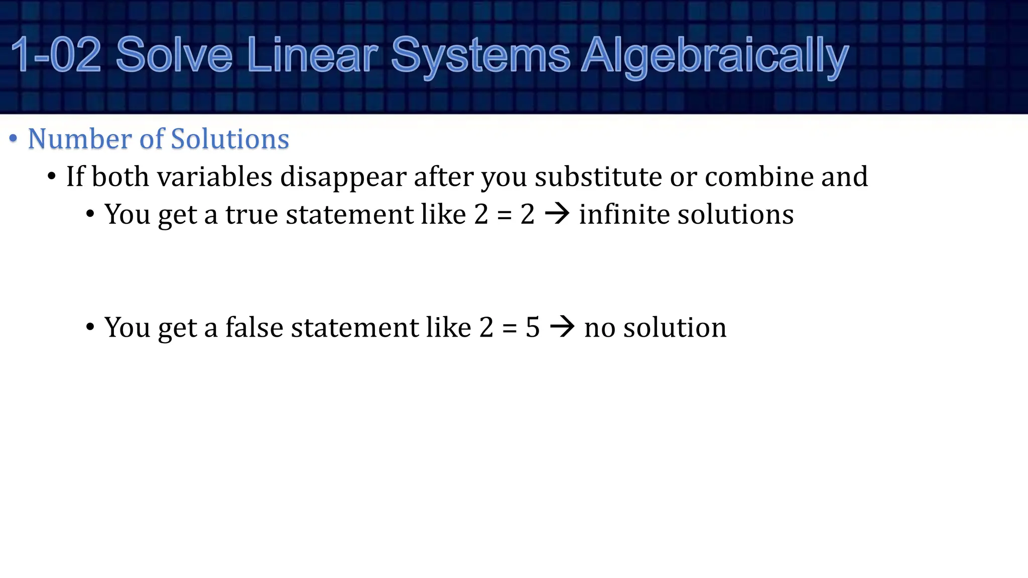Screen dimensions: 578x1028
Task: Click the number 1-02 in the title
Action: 56,55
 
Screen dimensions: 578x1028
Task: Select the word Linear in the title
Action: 312,55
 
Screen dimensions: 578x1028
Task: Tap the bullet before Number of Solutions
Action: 14,138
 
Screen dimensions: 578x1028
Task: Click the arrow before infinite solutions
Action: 557,214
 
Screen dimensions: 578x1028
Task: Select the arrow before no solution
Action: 562,327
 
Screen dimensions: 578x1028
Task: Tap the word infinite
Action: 624,214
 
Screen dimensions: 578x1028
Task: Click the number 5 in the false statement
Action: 533,328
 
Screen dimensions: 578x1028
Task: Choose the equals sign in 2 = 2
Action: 504,215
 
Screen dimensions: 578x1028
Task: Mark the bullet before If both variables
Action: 51,176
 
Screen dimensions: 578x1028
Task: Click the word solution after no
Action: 675,328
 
